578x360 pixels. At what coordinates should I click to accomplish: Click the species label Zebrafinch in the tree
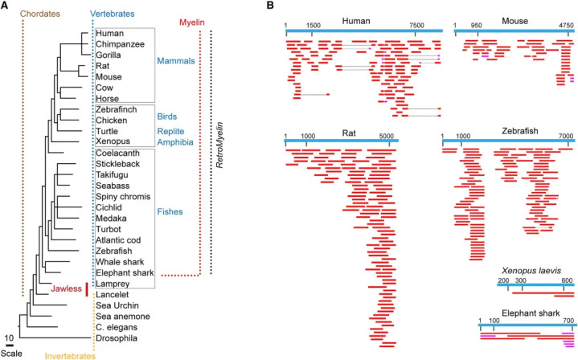tap(116, 109)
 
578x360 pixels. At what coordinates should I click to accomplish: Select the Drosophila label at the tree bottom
tap(117, 338)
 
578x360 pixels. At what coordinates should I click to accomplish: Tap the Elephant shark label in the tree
tap(125, 273)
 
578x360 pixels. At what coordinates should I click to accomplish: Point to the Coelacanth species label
tap(117, 153)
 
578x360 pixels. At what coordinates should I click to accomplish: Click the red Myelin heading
tap(192, 22)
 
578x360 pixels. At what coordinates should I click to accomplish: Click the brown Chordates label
tap(40, 14)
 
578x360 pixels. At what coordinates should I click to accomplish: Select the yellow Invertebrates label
tap(70, 356)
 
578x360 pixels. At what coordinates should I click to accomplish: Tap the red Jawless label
tap(67, 288)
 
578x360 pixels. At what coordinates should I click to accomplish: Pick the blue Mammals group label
tap(176, 61)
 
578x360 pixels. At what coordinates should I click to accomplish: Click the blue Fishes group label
tap(170, 212)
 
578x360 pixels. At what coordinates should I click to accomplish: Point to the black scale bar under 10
tap(9, 346)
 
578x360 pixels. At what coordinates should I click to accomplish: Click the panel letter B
tap(270, 6)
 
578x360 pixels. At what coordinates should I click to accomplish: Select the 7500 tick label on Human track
tap(416, 26)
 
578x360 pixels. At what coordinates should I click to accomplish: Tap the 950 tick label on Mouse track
tap(476, 26)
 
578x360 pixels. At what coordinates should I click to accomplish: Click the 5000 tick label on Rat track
tap(387, 136)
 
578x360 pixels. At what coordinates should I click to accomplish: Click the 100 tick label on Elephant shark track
tap(494, 321)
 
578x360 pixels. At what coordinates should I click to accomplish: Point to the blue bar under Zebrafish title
tap(507, 141)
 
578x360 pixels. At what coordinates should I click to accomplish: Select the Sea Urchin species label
tap(117, 305)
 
